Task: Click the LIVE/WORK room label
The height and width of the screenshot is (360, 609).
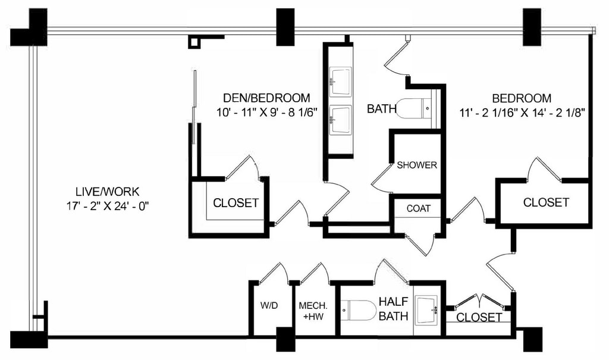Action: (107, 192)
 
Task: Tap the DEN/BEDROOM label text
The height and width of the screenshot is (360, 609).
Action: (266, 98)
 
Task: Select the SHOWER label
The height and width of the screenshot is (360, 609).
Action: (417, 165)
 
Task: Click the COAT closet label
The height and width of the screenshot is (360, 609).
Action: (419, 208)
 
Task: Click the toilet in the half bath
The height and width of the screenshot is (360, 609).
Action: (359, 310)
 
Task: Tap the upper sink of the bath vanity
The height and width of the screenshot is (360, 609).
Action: (341, 80)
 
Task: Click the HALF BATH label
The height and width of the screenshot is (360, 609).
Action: (394, 309)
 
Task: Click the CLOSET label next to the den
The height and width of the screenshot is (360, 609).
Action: (236, 203)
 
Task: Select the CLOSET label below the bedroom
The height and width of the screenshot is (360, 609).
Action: (546, 202)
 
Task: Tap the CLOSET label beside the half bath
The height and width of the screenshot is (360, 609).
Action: (479, 317)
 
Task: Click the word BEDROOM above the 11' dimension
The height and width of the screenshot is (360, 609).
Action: (522, 98)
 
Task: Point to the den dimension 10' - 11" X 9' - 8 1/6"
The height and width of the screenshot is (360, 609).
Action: (267, 111)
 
